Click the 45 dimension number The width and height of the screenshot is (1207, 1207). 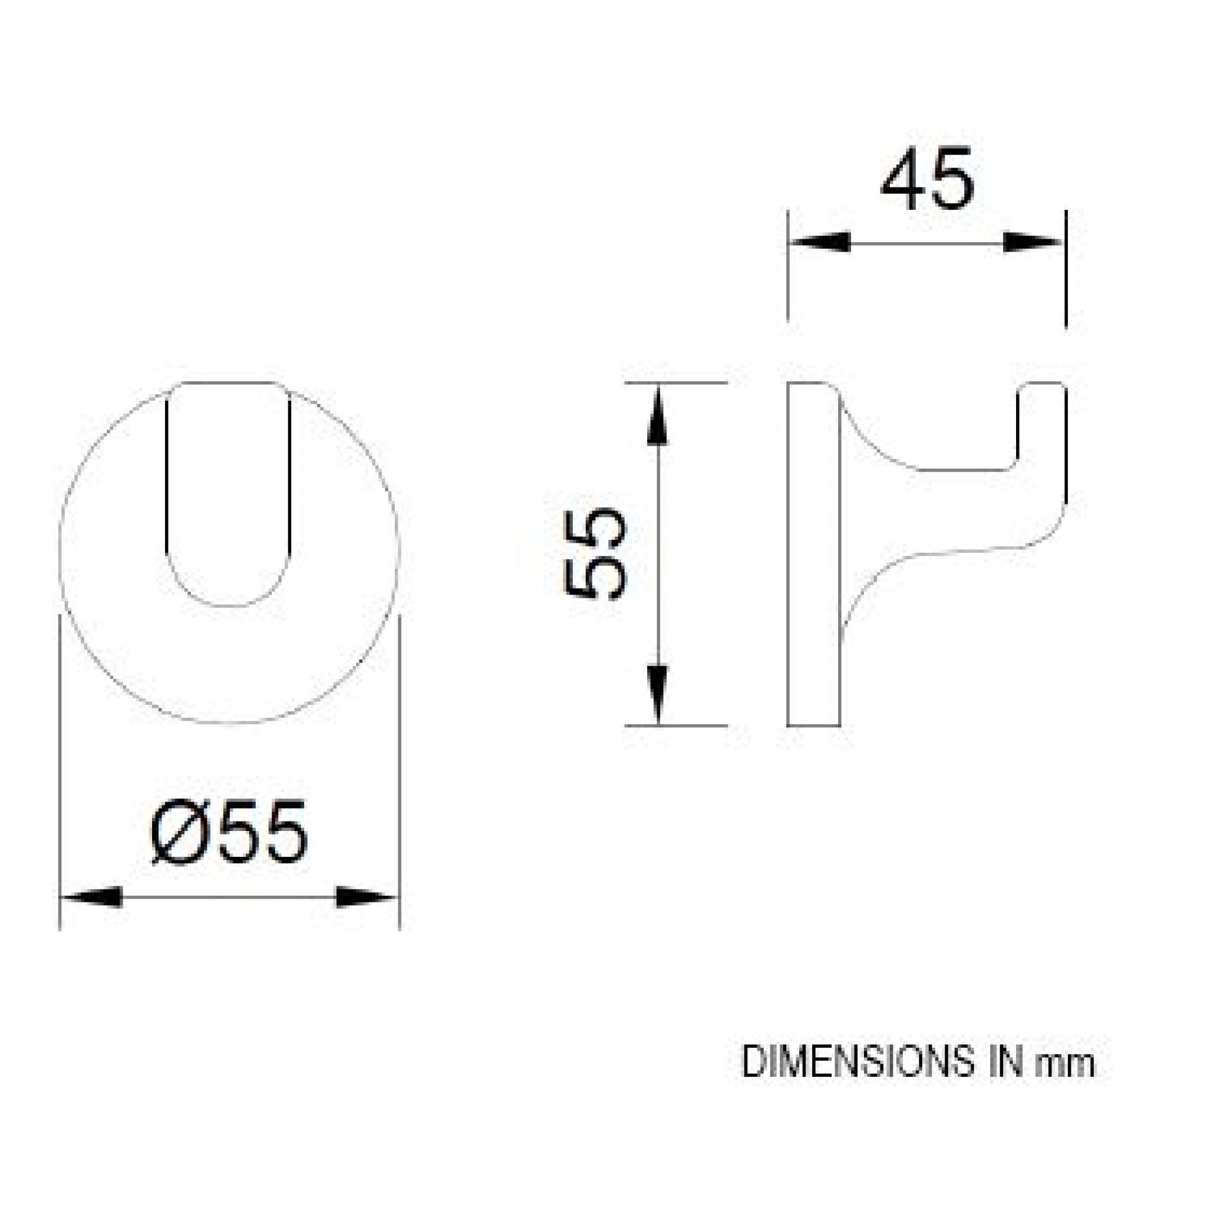click(927, 179)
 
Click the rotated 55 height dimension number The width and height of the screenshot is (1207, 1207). click(594, 553)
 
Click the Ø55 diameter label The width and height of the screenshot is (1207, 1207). click(230, 833)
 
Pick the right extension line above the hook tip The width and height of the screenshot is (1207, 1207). click(1066, 269)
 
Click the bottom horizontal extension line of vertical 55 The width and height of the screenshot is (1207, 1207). click(676, 726)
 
